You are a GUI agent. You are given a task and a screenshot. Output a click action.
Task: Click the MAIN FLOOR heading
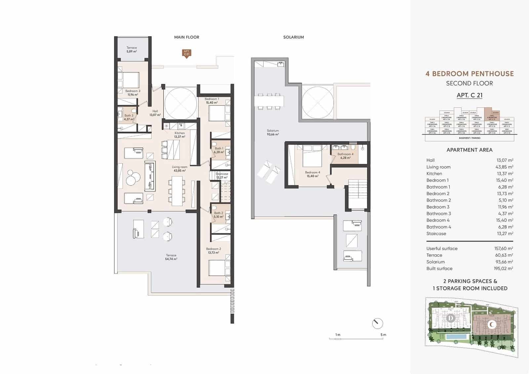(x=186, y=37)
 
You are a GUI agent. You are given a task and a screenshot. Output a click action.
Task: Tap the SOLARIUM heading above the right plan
(x=293, y=37)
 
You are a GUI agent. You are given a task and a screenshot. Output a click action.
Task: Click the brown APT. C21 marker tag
(x=186, y=53)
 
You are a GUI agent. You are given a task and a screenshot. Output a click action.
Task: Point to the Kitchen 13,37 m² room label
(x=180, y=135)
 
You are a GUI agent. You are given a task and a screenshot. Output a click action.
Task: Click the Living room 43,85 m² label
(x=180, y=169)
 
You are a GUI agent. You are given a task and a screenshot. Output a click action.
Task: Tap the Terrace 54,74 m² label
(x=171, y=257)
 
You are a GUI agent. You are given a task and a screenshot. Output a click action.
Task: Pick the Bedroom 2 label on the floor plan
(x=213, y=251)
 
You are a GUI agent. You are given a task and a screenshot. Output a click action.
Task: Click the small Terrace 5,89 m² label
(x=132, y=50)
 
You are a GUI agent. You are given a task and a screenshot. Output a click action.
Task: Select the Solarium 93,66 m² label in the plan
(x=273, y=132)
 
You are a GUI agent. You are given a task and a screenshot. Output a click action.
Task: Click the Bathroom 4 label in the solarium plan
(x=345, y=156)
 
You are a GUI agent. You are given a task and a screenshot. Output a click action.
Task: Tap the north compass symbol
(x=377, y=323)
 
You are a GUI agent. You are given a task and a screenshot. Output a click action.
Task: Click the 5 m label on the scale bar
(x=383, y=335)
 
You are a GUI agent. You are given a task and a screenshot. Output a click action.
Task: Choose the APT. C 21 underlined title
(x=469, y=95)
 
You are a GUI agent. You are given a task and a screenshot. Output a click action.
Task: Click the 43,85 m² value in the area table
(x=504, y=167)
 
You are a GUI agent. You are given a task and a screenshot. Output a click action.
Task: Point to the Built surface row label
(x=439, y=269)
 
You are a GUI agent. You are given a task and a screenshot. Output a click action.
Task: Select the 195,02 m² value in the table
(x=503, y=269)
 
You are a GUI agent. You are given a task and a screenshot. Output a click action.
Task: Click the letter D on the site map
(x=450, y=318)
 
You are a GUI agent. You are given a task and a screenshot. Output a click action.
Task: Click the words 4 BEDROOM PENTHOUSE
(x=469, y=74)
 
